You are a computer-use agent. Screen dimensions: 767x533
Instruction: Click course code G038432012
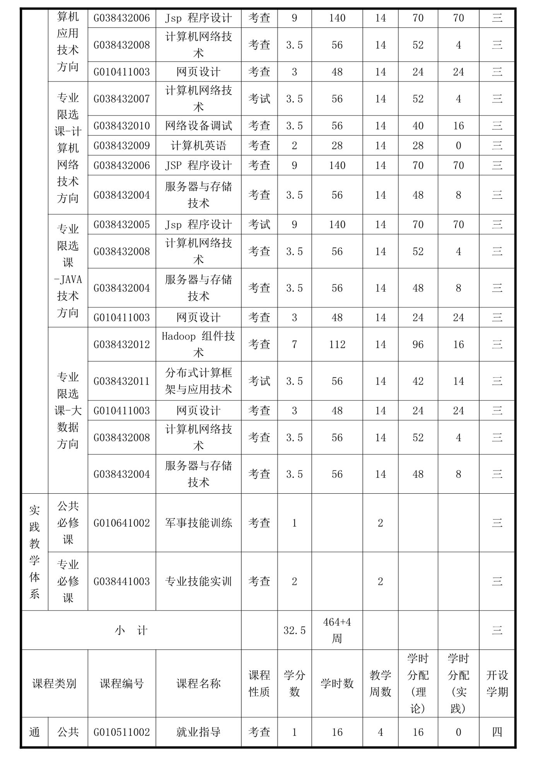click(121, 344)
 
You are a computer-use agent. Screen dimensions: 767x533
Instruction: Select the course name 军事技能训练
click(198, 523)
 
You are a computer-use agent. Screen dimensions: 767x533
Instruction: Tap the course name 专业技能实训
click(198, 581)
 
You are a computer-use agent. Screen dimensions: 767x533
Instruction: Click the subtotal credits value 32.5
click(294, 631)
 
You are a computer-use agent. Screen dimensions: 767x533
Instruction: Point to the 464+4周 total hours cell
click(337, 630)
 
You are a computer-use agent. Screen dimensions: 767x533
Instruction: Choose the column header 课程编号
click(121, 683)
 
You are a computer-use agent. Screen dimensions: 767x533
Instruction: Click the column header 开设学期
click(497, 683)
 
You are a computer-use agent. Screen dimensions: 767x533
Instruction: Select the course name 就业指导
click(198, 732)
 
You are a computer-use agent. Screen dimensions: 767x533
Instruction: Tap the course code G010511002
click(121, 732)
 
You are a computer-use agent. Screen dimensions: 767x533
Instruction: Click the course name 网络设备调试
click(198, 126)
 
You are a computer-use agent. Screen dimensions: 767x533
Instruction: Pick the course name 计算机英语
click(198, 145)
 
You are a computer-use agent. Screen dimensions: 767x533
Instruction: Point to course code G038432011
click(121, 381)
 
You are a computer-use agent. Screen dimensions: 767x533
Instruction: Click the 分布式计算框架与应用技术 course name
click(198, 381)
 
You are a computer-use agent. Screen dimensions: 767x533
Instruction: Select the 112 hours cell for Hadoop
click(337, 344)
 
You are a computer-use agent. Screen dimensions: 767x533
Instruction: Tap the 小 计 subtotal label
click(131, 631)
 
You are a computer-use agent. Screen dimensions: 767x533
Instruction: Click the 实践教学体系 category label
click(34, 552)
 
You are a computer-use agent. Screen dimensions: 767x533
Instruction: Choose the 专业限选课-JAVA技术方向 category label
click(68, 271)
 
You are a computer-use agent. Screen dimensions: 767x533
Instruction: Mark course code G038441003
click(121, 581)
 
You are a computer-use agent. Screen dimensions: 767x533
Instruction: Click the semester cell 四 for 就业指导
click(497, 732)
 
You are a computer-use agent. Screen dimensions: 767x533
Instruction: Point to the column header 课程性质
click(259, 683)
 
